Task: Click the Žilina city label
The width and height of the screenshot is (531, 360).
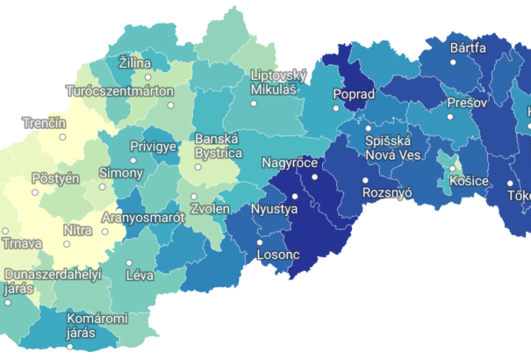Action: (134, 63)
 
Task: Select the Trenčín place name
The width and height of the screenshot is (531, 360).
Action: (44, 122)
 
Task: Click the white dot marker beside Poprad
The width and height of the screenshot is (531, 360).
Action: (335, 108)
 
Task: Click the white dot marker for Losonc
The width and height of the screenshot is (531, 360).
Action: (259, 242)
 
